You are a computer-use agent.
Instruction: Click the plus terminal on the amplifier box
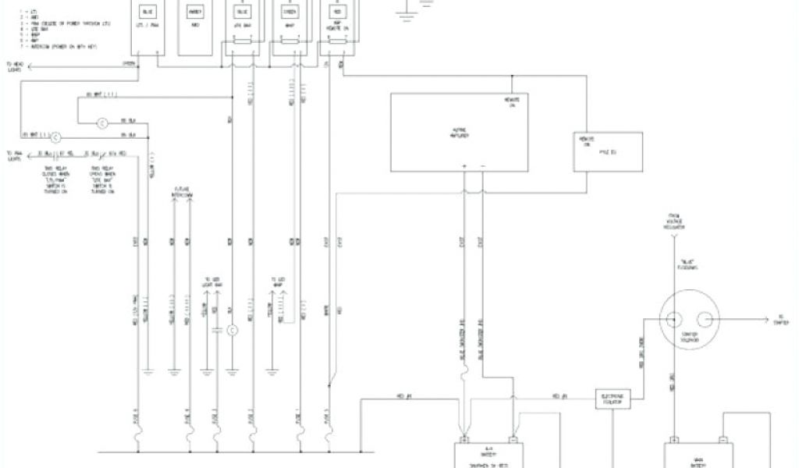point(464,167)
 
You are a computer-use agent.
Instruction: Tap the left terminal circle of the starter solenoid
point(672,318)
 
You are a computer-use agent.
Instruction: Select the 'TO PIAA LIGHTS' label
point(15,156)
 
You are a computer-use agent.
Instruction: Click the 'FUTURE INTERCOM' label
point(182,193)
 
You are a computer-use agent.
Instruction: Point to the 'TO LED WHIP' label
point(279,282)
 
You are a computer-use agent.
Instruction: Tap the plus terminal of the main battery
point(673,438)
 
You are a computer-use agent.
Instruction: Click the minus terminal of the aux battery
point(513,438)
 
